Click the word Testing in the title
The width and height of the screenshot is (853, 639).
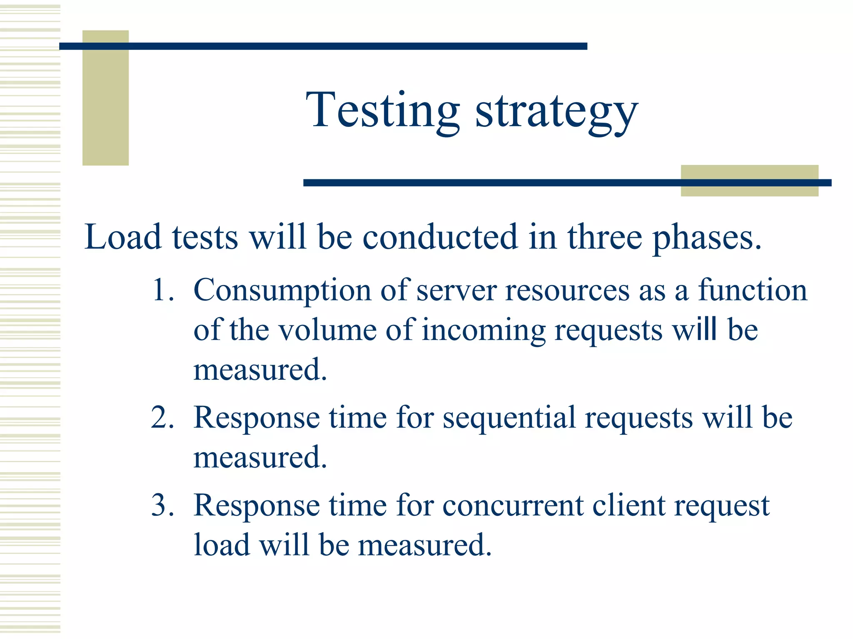click(382, 110)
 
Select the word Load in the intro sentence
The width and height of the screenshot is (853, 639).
click(122, 237)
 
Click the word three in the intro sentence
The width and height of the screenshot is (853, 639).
click(604, 237)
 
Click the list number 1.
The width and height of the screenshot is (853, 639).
click(162, 290)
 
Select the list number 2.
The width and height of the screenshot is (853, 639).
click(162, 417)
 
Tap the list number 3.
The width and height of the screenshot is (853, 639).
click(162, 505)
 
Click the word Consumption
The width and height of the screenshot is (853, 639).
click(282, 290)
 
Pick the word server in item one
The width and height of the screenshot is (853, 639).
click(456, 290)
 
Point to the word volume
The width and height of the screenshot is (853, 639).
click(327, 330)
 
